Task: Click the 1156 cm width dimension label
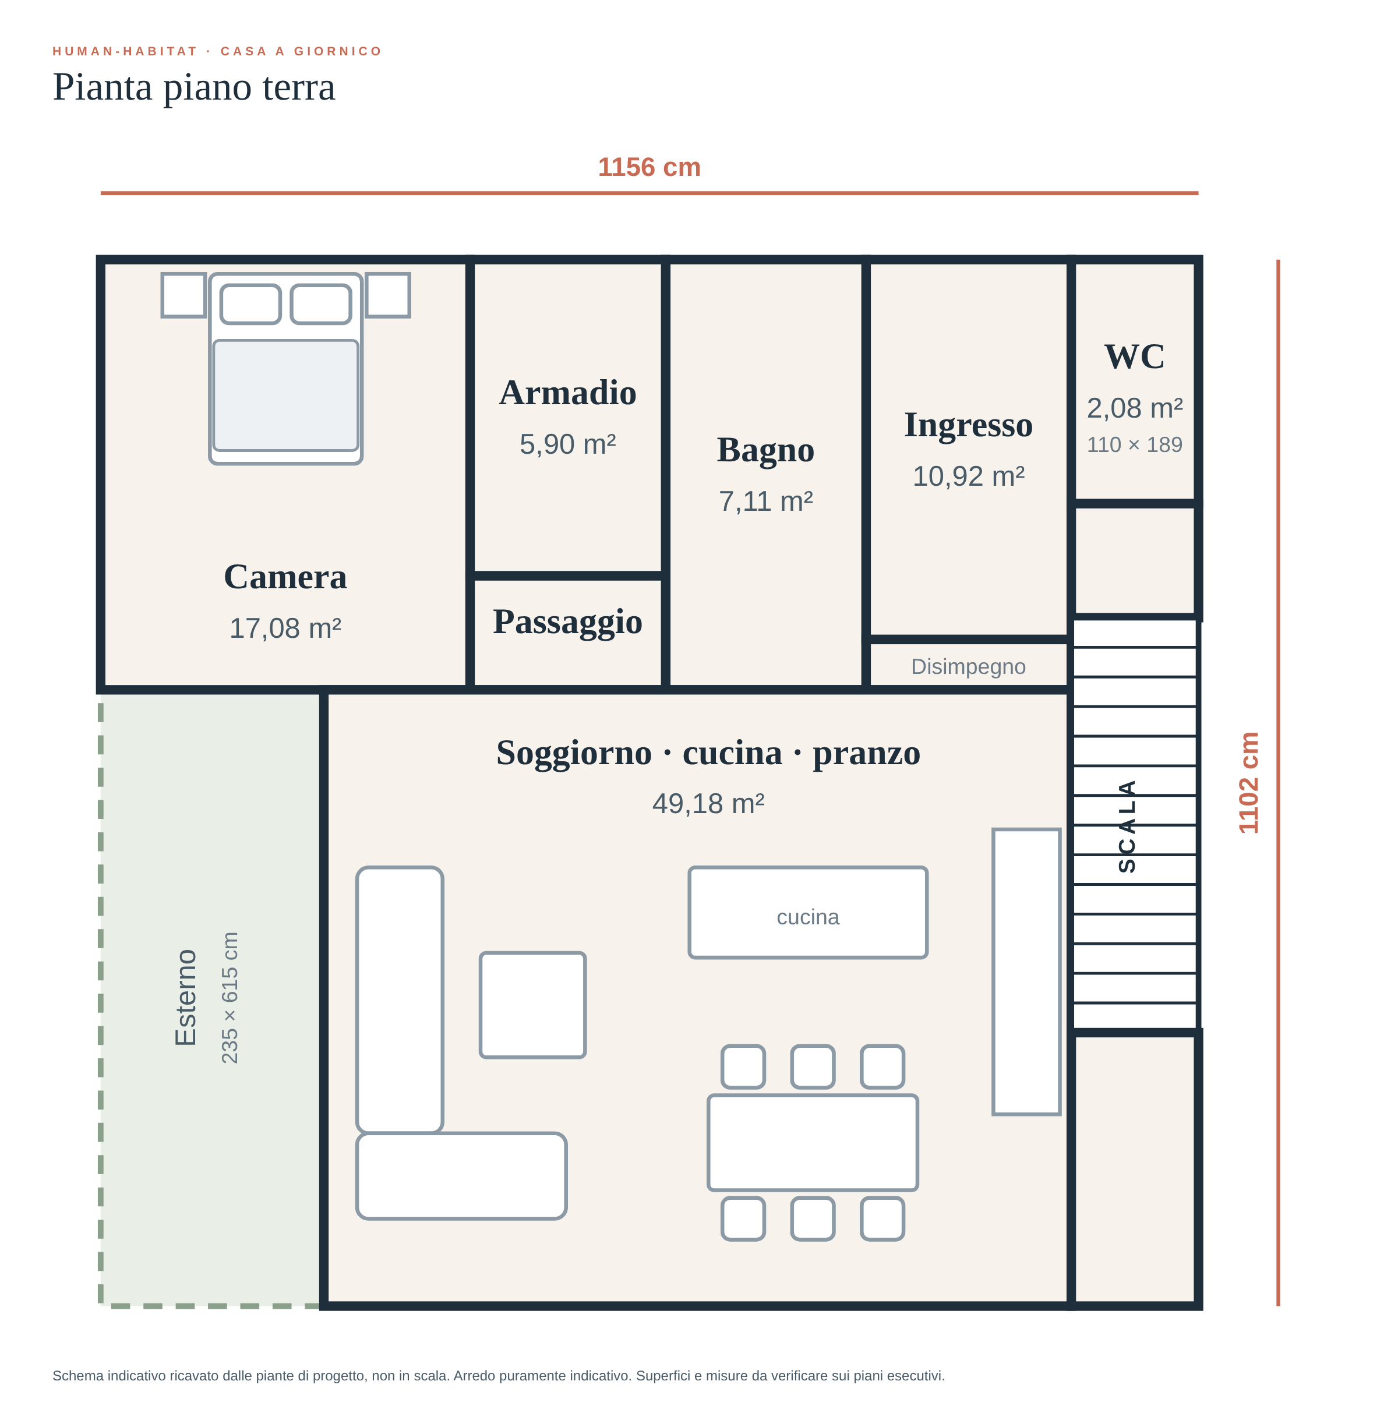649,167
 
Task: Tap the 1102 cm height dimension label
1248,783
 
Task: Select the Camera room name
285,577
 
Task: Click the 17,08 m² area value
285,628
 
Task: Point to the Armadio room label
567,393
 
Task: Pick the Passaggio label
567,623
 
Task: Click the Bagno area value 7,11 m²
766,501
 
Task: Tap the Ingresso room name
969,426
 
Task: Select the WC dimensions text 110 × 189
1134,445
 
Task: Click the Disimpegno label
969,667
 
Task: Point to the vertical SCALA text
1127,826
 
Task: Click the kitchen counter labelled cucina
808,913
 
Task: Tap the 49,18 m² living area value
708,804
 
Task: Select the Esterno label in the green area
186,998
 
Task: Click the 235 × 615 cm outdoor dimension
230,998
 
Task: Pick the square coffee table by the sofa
532,1005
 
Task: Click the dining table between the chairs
813,1142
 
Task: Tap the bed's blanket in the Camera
285,395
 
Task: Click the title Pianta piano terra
194,87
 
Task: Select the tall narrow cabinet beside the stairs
1026,972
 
